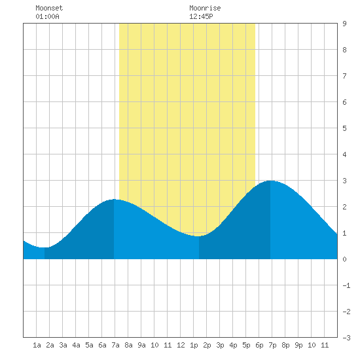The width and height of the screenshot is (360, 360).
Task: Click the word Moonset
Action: (49, 8)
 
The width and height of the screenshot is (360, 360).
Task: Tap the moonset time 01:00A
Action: (47, 16)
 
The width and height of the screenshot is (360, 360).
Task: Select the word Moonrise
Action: (205, 8)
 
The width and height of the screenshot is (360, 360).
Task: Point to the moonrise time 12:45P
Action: (201, 16)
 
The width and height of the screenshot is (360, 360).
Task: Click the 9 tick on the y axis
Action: (344, 24)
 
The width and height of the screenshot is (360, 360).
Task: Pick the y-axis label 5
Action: (344, 128)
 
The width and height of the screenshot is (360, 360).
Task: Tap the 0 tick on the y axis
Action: (344, 259)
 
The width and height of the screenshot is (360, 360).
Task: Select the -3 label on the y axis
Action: (346, 338)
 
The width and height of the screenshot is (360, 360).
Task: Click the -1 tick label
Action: (346, 285)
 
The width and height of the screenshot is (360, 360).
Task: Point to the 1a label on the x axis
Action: (37, 345)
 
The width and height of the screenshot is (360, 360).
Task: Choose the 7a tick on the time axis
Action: (115, 345)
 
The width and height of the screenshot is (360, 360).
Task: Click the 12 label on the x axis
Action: (181, 345)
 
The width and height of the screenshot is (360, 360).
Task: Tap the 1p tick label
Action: (194, 345)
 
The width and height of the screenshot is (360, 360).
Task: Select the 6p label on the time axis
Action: (259, 345)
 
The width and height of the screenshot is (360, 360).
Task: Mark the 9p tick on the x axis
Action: (298, 345)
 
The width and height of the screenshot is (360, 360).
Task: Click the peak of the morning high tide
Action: (114, 199)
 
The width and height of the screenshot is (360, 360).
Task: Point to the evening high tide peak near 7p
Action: (270, 181)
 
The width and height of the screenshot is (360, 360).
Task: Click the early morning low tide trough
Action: (45, 247)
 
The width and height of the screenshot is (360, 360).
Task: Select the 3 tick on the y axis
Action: (344, 181)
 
